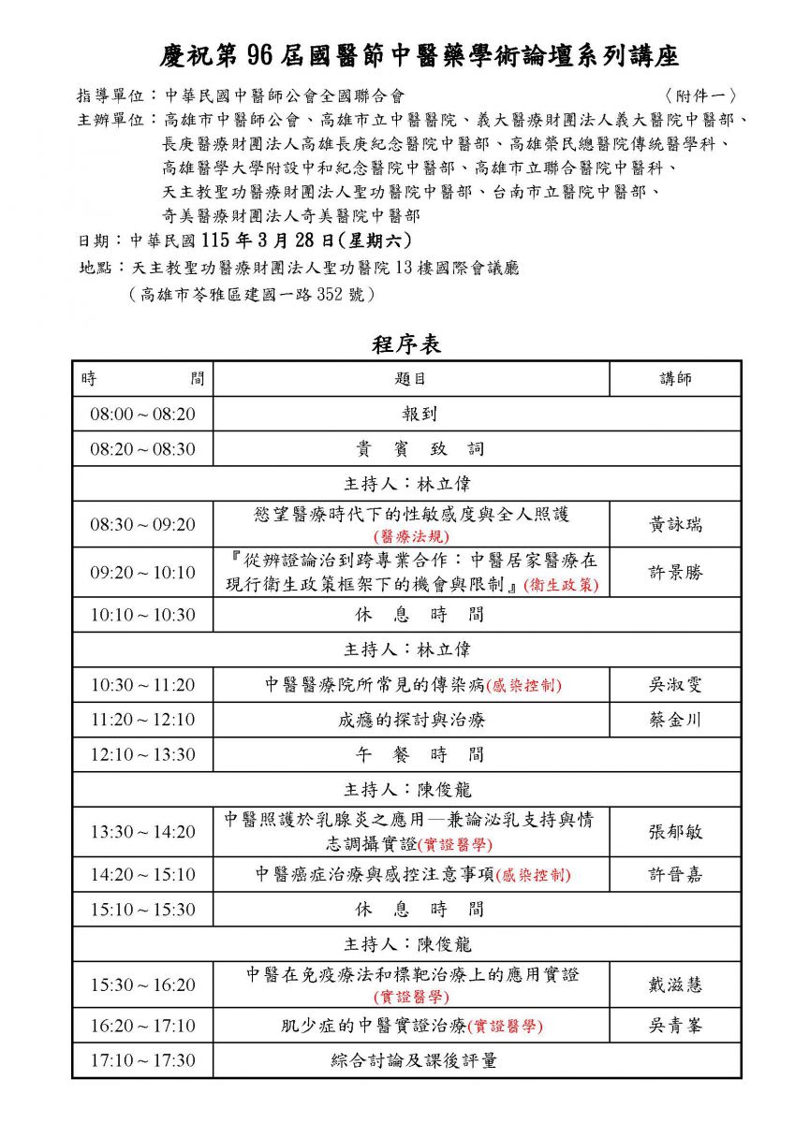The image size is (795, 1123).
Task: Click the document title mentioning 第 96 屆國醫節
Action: [x=418, y=56]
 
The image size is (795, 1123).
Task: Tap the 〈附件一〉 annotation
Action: [x=699, y=95]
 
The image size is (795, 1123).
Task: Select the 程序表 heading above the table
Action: [x=406, y=344]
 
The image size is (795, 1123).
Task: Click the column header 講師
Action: [x=675, y=378]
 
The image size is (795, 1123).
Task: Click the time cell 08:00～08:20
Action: [x=142, y=414]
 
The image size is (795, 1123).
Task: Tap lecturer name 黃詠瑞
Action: [x=675, y=525]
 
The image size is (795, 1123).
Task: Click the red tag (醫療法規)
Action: [x=411, y=536]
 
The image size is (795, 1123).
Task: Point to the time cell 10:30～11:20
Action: [x=142, y=685]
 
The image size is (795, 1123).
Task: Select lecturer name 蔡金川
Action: [x=675, y=721]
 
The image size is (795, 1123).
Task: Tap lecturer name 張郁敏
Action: [x=675, y=832]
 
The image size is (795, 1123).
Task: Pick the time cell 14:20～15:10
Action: [x=142, y=875]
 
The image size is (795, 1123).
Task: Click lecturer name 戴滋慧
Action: [x=675, y=984]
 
